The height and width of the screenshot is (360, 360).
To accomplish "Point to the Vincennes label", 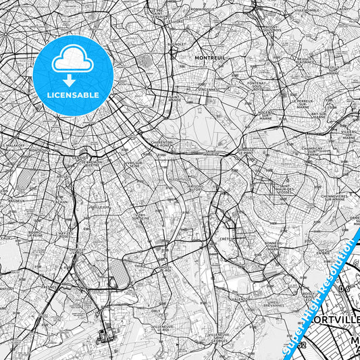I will (207, 88).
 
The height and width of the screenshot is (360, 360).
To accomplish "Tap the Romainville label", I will (202, 10).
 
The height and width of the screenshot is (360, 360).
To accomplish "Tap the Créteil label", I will (226, 239).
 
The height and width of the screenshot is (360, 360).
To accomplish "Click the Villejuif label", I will (102, 207).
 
